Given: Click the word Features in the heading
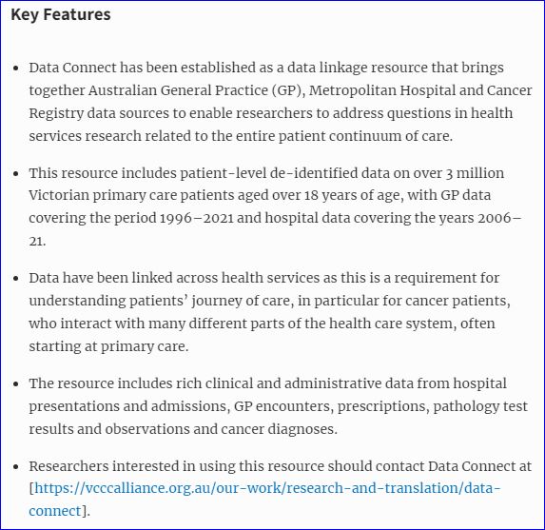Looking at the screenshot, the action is (x=76, y=15).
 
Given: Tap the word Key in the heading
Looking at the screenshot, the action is (x=25, y=15).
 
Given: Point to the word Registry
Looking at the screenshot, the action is (x=57, y=114).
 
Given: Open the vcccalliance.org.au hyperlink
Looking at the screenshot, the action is (x=267, y=489).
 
